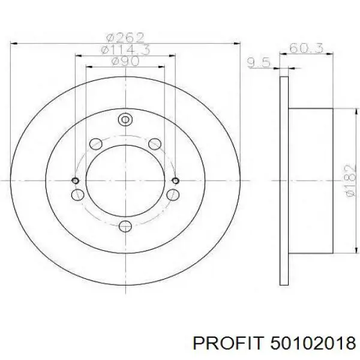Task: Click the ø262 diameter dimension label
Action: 125,38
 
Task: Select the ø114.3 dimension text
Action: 125,50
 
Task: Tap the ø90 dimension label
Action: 125,61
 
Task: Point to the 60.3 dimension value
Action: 306,48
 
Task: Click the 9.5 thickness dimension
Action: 259,62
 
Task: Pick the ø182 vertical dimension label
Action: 351,181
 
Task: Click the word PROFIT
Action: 227,343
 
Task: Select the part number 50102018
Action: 313,343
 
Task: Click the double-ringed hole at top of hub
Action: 125,119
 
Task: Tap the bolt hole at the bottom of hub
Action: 125,226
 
